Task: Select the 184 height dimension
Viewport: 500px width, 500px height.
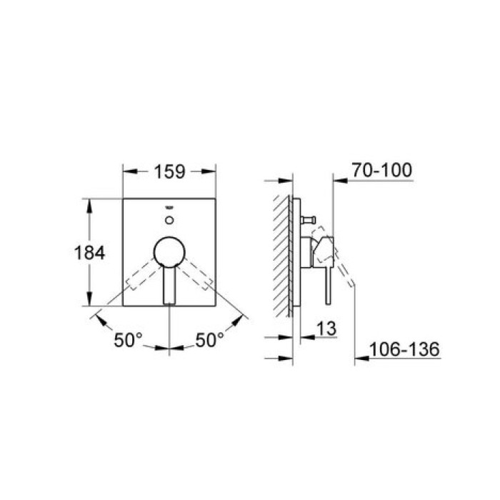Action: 90,252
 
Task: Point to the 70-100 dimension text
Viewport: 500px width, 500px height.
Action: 381,171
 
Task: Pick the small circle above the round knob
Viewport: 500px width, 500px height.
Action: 169,218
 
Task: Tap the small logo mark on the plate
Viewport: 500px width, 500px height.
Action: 169,206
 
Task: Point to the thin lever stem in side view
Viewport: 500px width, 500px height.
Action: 328,283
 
